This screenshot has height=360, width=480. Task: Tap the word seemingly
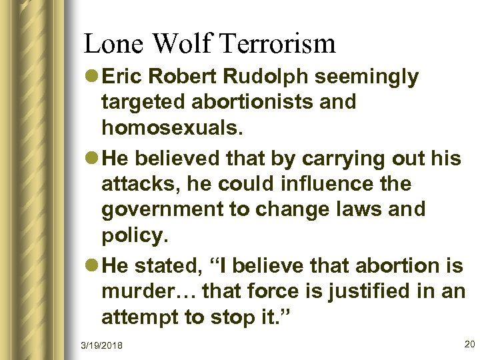[367, 77]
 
